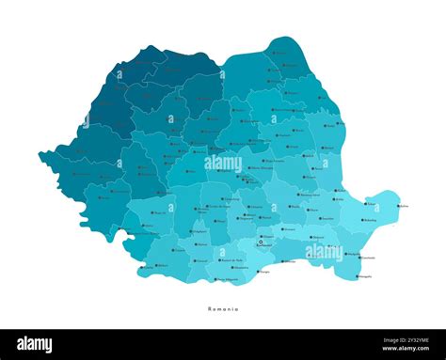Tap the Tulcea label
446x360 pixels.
(x=372, y=204)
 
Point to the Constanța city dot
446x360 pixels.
(x=358, y=258)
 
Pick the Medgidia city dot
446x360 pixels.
(x=344, y=254)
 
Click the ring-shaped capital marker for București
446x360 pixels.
(x=261, y=242)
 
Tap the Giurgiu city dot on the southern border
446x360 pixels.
(x=257, y=272)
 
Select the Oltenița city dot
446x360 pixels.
(x=281, y=260)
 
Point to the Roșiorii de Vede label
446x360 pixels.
(x=227, y=259)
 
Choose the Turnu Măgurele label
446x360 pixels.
(x=227, y=279)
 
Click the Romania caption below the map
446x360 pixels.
(x=223, y=308)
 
